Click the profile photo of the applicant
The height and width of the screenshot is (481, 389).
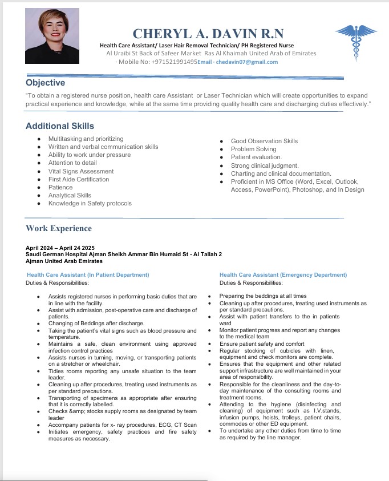[52, 35]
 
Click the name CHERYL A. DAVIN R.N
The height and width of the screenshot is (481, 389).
[208, 34]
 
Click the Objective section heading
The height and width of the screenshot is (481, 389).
[46, 83]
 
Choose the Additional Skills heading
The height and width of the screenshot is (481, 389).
[60, 126]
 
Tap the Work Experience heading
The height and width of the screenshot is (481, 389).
[59, 228]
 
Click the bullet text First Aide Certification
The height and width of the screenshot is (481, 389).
[79, 179]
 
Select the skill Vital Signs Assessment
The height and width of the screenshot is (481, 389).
[81, 171]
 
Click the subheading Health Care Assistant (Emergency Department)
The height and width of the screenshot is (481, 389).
[283, 275]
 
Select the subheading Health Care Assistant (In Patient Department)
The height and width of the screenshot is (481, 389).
[88, 275]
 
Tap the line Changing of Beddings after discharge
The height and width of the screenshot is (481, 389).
[96, 323]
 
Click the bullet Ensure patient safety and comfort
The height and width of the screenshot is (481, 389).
[262, 344]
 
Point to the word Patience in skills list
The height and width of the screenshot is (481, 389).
[60, 187]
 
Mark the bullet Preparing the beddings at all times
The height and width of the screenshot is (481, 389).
[263, 296]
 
